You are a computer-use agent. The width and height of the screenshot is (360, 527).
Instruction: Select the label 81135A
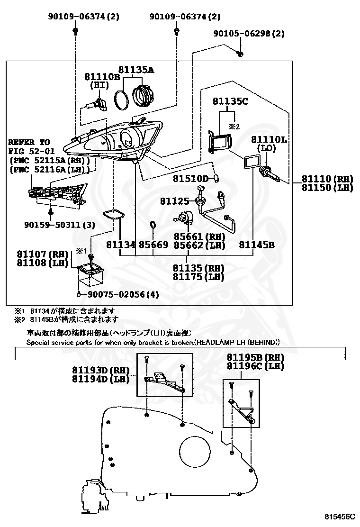click(x=136, y=70)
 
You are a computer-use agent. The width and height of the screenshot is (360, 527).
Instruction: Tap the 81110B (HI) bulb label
click(x=102, y=76)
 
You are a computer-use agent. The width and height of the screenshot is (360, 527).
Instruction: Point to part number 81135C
click(x=230, y=101)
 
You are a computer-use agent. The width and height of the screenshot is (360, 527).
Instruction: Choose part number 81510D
click(x=190, y=179)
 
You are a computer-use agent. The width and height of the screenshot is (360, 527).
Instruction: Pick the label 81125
click(x=174, y=201)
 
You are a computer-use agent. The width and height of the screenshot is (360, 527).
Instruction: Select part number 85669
click(x=153, y=245)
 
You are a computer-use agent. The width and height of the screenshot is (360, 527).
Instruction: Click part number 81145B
click(x=256, y=245)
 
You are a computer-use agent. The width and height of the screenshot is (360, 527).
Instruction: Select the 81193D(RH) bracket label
click(x=101, y=370)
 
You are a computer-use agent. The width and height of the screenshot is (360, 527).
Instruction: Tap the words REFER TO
click(x=29, y=142)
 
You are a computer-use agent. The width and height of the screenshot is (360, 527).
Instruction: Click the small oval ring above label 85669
click(x=153, y=224)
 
